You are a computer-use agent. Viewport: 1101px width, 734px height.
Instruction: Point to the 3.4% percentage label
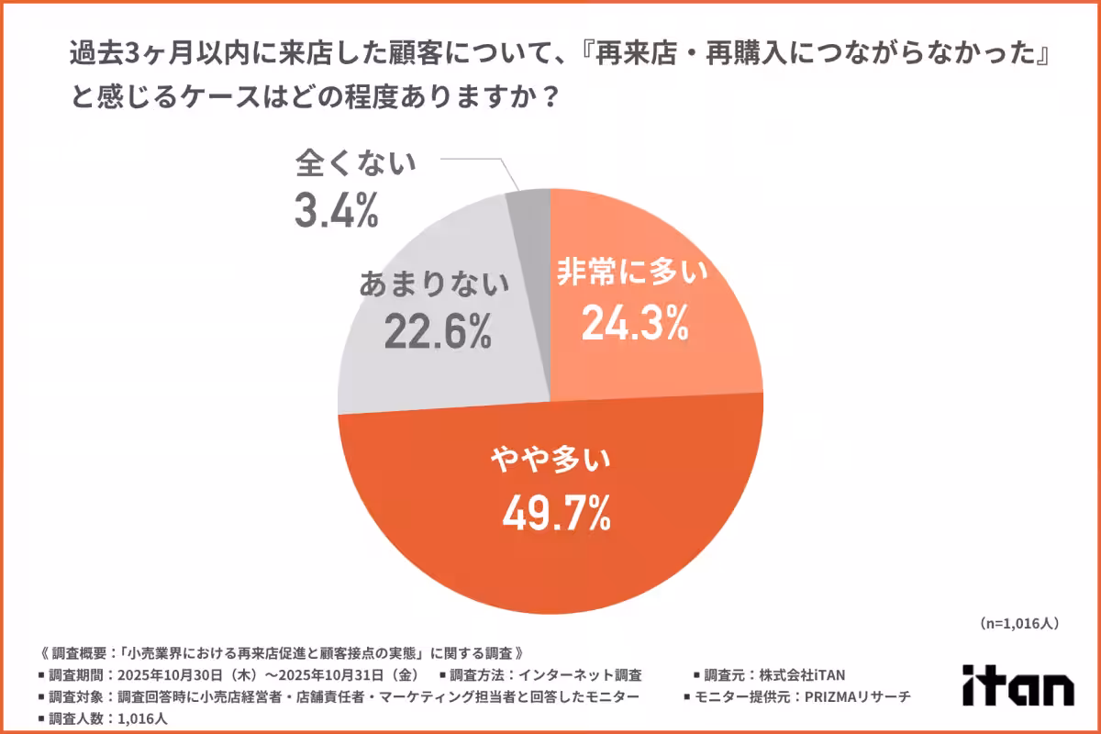(x=336, y=210)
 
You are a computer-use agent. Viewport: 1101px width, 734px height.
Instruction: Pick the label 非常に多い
(x=635, y=273)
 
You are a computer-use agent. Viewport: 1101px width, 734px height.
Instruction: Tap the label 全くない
(x=356, y=165)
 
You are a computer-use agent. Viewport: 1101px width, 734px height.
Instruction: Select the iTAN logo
(x=1018, y=684)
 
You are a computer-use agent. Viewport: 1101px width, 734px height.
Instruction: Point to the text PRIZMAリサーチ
(x=858, y=696)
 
